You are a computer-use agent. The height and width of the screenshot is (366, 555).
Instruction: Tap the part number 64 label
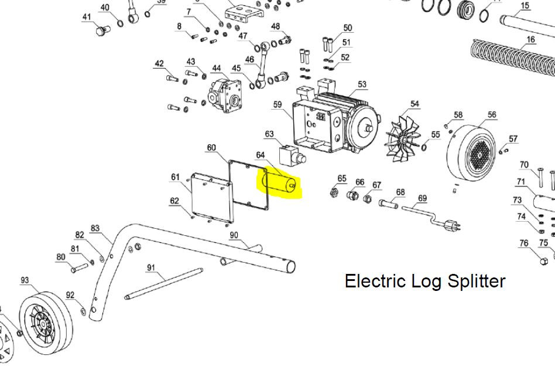[260, 155]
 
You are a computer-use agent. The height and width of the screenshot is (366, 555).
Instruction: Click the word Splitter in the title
[477, 281]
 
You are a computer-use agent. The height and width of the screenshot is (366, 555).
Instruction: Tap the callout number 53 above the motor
[362, 84]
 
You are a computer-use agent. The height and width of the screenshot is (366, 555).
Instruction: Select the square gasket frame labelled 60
[248, 185]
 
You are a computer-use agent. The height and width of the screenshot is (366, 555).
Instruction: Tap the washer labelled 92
[83, 311]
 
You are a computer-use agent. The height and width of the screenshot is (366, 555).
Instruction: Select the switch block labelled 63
[292, 155]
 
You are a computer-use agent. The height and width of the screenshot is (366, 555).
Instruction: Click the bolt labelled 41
[101, 30]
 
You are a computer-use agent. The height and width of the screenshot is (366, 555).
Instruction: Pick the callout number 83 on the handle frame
[95, 228]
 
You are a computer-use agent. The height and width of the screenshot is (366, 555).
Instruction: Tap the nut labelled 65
[333, 192]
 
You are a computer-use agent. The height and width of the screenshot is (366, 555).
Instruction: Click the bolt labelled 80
[79, 268]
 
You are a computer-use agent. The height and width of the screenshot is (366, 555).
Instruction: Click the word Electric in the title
[375, 281]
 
